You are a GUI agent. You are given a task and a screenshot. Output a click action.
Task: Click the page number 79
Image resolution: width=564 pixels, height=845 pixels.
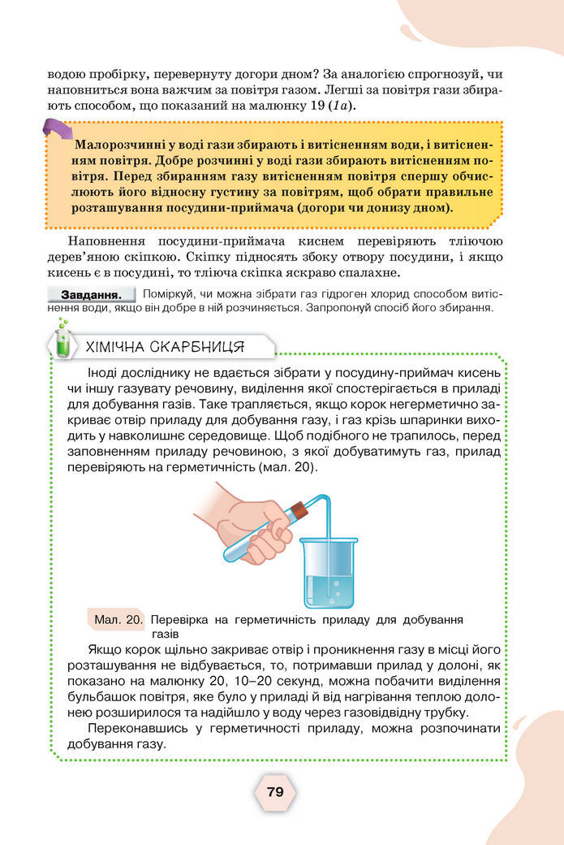point(274,791)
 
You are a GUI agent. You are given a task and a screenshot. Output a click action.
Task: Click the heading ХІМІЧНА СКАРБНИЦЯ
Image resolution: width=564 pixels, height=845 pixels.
point(166,348)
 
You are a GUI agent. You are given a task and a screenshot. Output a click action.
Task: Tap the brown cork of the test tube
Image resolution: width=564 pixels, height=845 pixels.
point(297,511)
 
